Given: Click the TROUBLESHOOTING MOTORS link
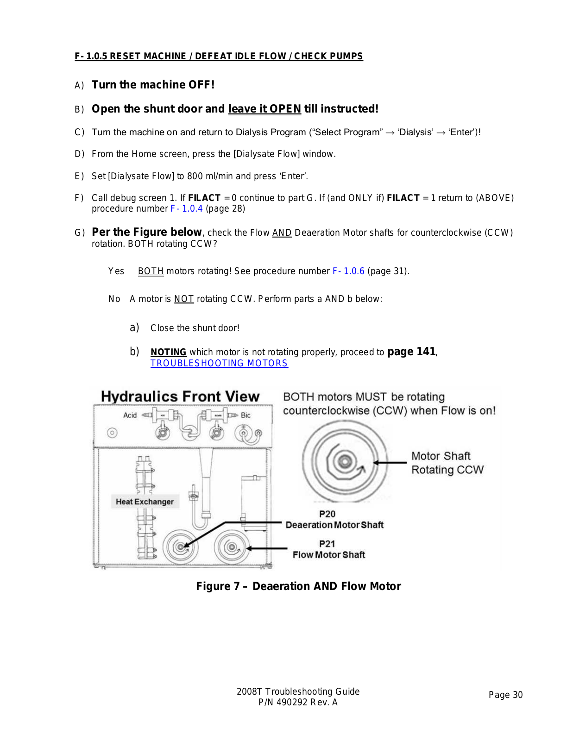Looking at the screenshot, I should coord(219,364).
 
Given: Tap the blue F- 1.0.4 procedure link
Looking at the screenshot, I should coord(187,208).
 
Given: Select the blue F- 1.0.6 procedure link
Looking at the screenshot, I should coord(348,271).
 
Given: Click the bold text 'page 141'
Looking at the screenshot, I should coord(411,352).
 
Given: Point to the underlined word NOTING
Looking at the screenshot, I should coord(168,352).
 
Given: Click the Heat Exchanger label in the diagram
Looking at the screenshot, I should coord(145,502).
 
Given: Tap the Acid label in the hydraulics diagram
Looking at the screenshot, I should coord(130,415).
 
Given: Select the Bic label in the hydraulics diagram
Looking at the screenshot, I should coord(246,415).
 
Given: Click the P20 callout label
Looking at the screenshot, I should coord(327,514).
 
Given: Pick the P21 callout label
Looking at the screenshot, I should coord(327,544).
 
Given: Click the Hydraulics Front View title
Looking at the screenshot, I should coord(180,396).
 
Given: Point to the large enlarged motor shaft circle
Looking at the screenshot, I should coord(344,462).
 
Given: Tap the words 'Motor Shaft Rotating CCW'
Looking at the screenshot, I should coord(447,463).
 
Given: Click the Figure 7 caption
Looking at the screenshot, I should coord(298,586).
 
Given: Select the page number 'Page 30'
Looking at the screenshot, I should coord(505,695).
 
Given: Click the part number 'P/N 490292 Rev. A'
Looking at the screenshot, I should coord(298,702).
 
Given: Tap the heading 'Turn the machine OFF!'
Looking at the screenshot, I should coord(153,85).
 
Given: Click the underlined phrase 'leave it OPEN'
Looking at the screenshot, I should coord(264,109).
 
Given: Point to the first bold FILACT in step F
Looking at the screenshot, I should coord(204,198).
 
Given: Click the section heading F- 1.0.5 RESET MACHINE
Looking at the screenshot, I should coord(219,56).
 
